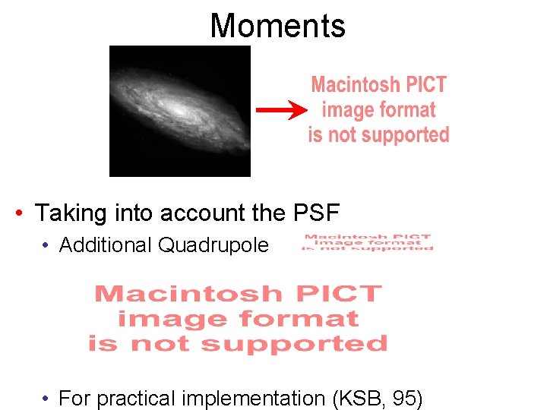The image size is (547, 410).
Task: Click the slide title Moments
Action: [277, 25]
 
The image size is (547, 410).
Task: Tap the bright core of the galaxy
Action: [180, 109]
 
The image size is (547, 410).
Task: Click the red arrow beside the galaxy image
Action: [281, 111]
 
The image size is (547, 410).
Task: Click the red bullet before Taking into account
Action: [19, 213]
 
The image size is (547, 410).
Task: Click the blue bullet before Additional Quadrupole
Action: [46, 245]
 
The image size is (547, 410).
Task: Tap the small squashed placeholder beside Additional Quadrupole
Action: [368, 242]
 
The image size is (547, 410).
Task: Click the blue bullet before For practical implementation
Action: [46, 398]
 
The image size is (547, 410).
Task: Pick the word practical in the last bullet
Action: [136, 398]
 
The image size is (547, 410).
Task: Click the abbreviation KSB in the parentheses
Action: [352, 398]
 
